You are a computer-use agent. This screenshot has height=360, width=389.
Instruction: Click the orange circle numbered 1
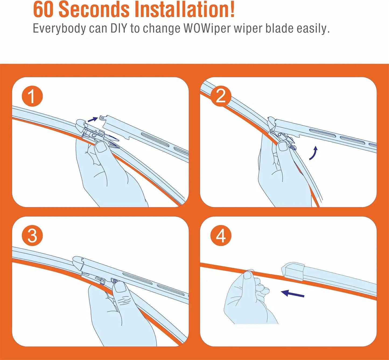click(32, 96)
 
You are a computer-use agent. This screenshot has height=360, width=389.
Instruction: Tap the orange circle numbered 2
click(221, 96)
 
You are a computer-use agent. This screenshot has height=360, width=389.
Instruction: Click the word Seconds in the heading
click(94, 10)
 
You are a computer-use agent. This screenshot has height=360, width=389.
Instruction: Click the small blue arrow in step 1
click(93, 119)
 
